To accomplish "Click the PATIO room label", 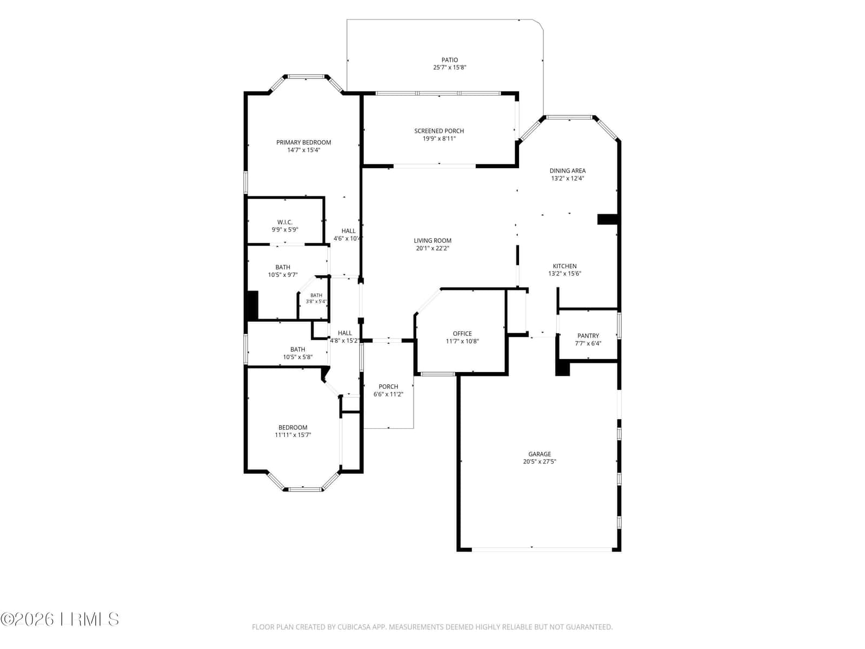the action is coord(449,60).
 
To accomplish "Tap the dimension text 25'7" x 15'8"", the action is coord(449,68).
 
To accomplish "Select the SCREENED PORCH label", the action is coord(438,131).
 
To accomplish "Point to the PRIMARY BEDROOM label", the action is coord(303,142).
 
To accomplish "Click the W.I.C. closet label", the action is coord(284,222).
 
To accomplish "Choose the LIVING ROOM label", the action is coord(432,240).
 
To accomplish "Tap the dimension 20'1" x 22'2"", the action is coord(432,248).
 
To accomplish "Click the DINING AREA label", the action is coord(567,170).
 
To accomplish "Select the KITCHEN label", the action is coord(564,266).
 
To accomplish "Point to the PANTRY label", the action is coord(588,336).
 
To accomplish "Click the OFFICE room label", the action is coord(462,333).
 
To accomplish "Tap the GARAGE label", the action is coord(539,454).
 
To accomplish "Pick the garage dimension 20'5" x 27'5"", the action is coord(539,461).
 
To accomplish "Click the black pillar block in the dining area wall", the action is coord(607,219).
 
